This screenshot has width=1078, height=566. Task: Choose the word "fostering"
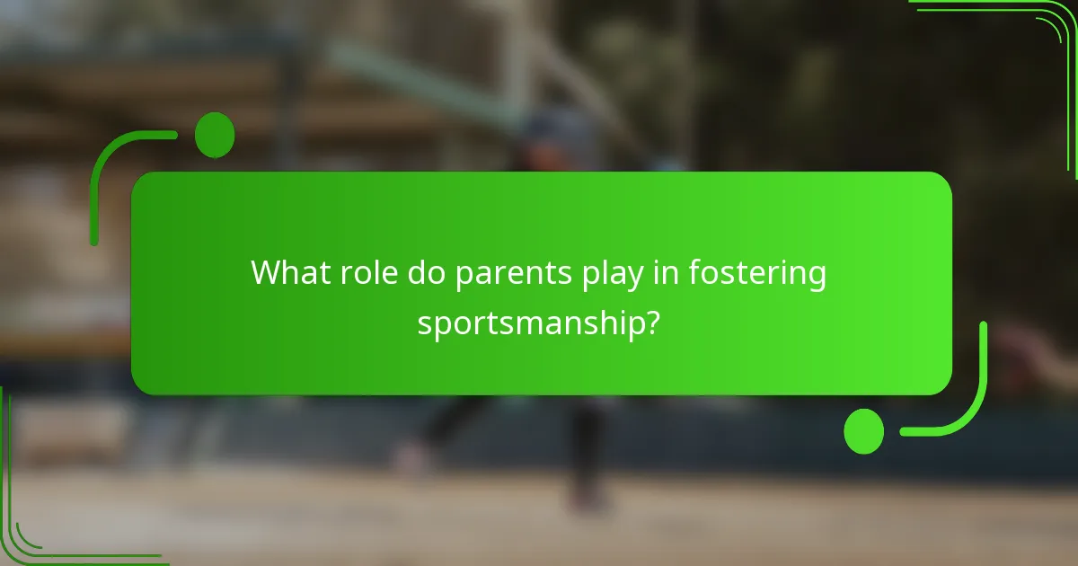757,274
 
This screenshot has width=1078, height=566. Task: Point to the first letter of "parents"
464,276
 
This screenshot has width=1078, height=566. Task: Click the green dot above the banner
215,136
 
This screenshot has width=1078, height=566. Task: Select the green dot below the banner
863,431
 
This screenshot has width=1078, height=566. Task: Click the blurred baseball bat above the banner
404,72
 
